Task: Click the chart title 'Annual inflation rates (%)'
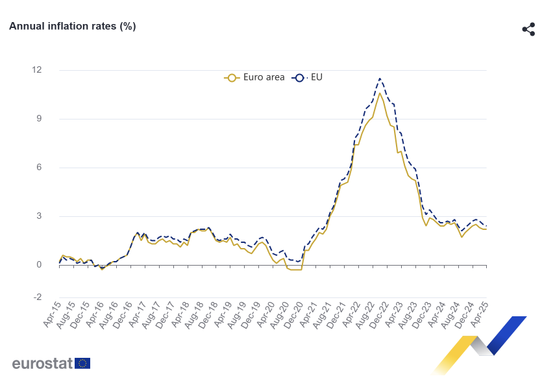72,26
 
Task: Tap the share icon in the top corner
528,29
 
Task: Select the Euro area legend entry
254,77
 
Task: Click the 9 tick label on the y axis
40,119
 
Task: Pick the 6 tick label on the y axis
40,168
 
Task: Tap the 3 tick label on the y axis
40,216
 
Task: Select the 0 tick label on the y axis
40,265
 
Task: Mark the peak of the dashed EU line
380,79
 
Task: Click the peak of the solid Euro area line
380,93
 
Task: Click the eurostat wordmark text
42,363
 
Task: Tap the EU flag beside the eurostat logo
82,363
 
